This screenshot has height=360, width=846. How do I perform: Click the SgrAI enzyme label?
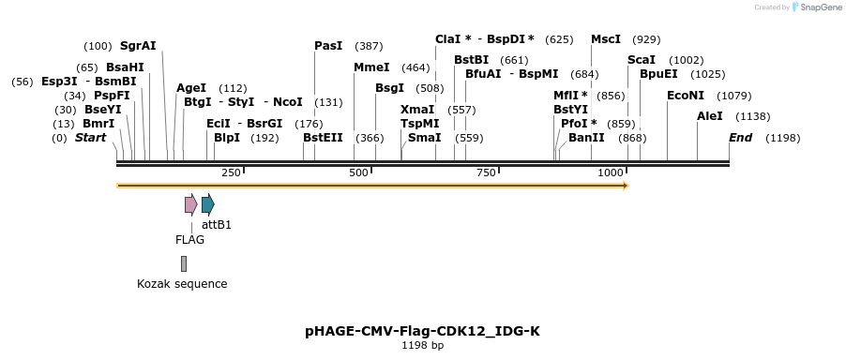click(x=138, y=45)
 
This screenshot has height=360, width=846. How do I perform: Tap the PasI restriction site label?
click(x=328, y=45)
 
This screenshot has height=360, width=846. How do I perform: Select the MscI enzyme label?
click(x=605, y=39)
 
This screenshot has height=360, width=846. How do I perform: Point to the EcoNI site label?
click(x=685, y=96)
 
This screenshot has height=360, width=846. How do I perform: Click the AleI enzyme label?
click(x=710, y=116)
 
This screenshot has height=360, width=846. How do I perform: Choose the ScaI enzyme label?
click(x=642, y=60)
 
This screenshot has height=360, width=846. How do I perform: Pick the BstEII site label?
click(x=323, y=137)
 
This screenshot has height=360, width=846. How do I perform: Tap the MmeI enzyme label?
click(x=371, y=67)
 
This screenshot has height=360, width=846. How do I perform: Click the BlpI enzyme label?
click(x=227, y=137)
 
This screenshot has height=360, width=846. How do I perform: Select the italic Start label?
click(x=90, y=138)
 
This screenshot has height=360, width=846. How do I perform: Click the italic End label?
click(x=740, y=138)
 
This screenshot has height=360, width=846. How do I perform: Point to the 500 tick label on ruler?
click(x=359, y=173)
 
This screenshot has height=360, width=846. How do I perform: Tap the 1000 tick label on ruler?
click(x=611, y=173)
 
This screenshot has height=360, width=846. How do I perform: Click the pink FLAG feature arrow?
click(x=190, y=204)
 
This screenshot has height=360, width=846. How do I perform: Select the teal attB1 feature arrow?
click(x=207, y=204)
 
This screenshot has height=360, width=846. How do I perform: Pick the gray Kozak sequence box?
click(x=184, y=263)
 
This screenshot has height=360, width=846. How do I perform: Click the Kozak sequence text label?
click(x=182, y=284)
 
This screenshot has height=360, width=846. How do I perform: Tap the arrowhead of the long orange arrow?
click(x=624, y=186)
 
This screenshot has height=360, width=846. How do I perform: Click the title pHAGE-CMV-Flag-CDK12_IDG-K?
click(x=422, y=331)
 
